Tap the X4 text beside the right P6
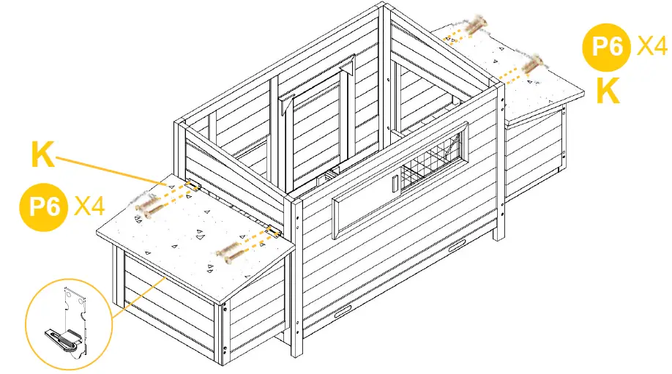pos(652,47)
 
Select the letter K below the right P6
pos(608,91)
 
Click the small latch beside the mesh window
pos(394,183)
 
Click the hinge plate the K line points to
pos(192,186)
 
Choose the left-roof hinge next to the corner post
pos(273,232)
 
